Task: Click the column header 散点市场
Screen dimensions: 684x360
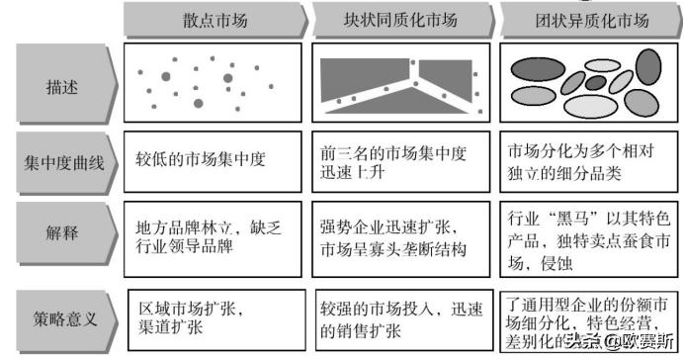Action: (x=210, y=20)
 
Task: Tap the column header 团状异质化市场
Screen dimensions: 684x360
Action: (x=586, y=20)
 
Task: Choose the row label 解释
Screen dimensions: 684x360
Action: (x=61, y=236)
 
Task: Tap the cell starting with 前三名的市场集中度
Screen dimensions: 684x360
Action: (x=399, y=164)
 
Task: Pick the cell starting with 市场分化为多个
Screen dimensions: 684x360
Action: (x=587, y=164)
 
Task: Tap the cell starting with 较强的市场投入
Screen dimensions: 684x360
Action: (x=399, y=315)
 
